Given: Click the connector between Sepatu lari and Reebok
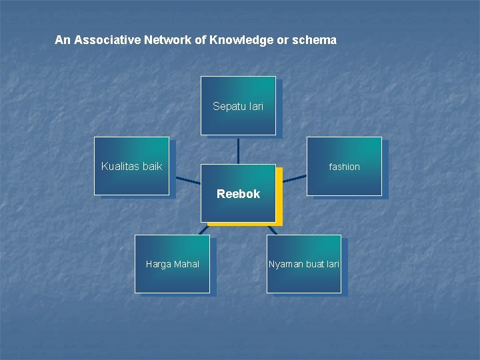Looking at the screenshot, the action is pos(238,149).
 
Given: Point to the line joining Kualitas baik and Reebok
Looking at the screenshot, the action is pos(188,180).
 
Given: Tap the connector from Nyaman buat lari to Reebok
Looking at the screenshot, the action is pos(271,229).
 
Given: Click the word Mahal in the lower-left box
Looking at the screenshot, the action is pos(187,265).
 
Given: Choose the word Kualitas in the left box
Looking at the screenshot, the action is pos(120,166).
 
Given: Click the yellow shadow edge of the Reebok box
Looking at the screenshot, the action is pos(279,200).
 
